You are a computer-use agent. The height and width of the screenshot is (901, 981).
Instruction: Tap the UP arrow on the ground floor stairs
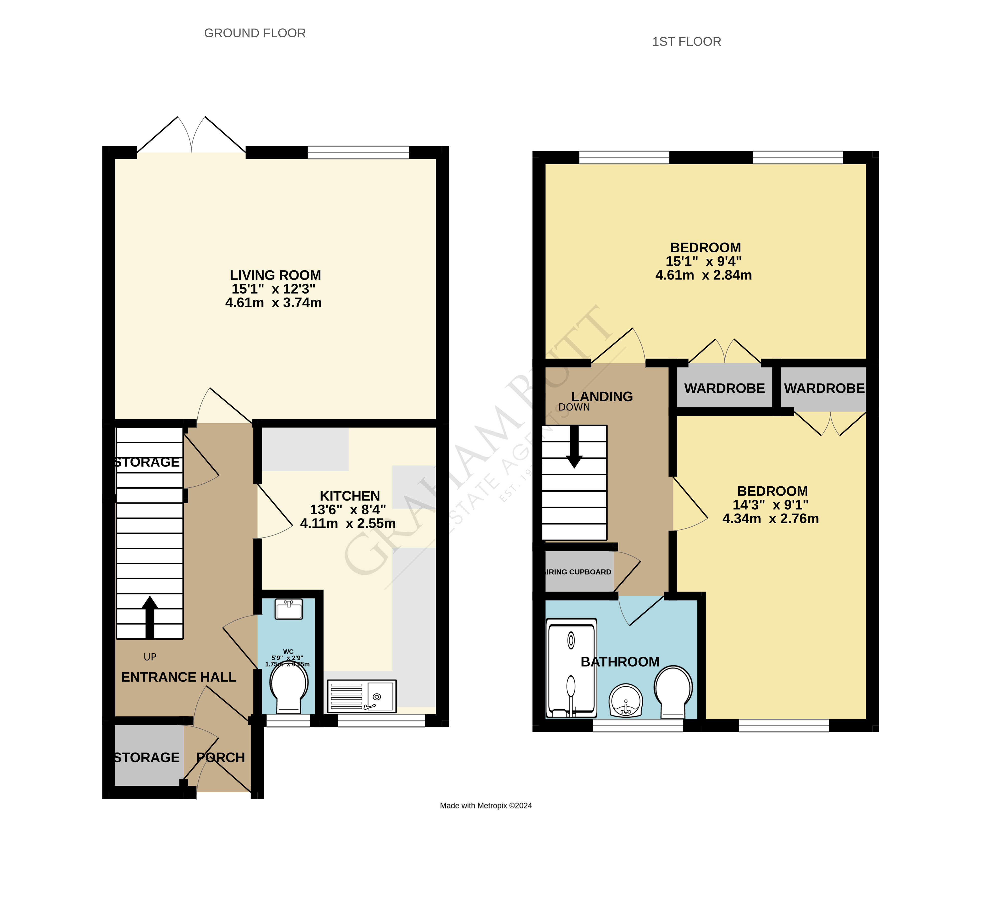(x=150, y=617)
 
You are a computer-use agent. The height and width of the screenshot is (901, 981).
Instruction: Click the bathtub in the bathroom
(x=571, y=669)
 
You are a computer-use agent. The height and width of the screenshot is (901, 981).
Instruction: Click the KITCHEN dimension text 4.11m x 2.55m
(x=348, y=524)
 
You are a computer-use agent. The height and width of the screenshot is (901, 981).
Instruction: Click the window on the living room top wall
(x=358, y=152)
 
